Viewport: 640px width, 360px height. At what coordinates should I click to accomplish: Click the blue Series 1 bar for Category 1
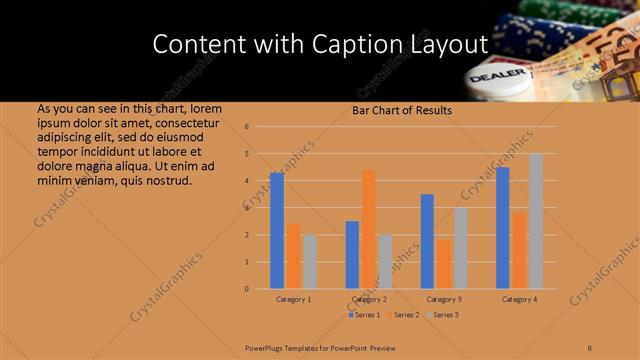[277, 231]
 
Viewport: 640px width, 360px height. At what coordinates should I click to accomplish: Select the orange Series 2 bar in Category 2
[368, 229]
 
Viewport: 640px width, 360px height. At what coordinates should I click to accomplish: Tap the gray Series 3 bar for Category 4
[535, 221]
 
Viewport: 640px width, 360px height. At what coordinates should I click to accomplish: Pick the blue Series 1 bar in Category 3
[427, 241]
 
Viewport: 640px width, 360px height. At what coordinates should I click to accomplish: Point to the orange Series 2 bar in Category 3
[443, 264]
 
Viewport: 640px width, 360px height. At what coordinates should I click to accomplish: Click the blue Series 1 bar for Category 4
[503, 228]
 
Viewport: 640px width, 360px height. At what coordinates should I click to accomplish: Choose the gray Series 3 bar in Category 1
[309, 262]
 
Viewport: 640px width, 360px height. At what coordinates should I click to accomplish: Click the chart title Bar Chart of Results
[402, 110]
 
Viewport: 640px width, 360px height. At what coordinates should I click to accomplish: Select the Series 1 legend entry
[363, 315]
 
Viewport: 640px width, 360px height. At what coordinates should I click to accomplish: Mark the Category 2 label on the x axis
[369, 299]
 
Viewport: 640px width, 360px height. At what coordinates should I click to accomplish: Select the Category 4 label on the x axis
[519, 299]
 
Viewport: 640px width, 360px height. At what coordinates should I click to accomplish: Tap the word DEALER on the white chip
[490, 77]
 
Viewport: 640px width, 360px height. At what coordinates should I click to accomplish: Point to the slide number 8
[590, 347]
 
